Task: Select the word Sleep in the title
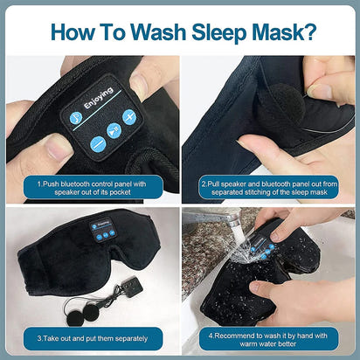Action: click(x=211, y=31)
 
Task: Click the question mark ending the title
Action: click(x=309, y=31)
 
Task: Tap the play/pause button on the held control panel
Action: click(x=114, y=131)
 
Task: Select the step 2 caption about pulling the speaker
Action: click(x=269, y=189)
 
